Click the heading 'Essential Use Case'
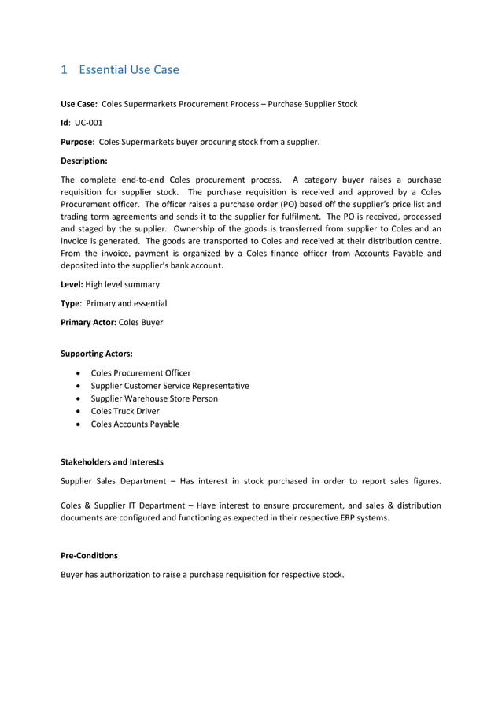click(x=129, y=70)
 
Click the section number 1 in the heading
click(x=65, y=70)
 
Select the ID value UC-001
click(x=88, y=123)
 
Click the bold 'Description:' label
click(x=84, y=161)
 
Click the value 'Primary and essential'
click(x=126, y=303)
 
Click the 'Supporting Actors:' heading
click(x=97, y=354)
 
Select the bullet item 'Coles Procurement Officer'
click(x=141, y=373)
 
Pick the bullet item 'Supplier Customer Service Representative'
click(x=170, y=386)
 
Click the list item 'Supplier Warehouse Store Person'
click(x=154, y=398)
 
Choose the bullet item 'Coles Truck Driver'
click(x=125, y=411)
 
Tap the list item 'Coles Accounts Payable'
click(x=135, y=424)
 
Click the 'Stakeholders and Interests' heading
click(x=113, y=461)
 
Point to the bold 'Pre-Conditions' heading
click(x=89, y=555)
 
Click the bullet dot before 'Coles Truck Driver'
click(x=79, y=411)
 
